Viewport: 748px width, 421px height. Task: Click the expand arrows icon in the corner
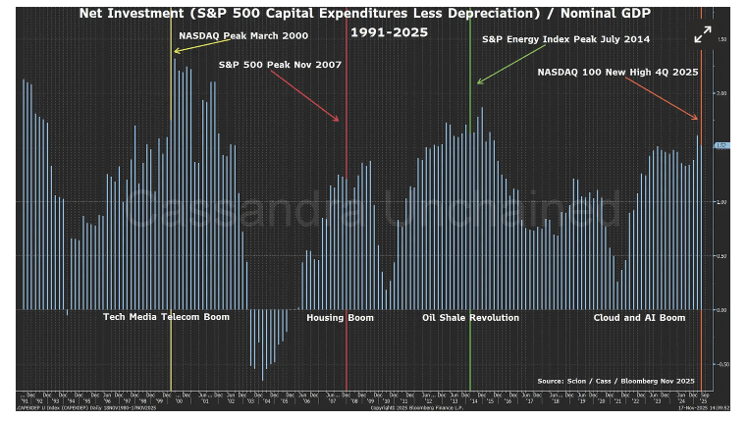(x=703, y=33)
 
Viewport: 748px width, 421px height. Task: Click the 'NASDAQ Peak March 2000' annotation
(x=243, y=35)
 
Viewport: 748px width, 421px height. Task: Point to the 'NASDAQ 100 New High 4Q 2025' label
(x=617, y=72)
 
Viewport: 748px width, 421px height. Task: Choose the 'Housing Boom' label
(x=339, y=318)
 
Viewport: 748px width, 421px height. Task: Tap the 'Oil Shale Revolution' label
(x=470, y=318)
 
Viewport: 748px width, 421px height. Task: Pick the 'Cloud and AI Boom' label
(x=639, y=318)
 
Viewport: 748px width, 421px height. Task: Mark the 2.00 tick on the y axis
(x=721, y=93)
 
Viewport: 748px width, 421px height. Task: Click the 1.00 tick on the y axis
(x=721, y=202)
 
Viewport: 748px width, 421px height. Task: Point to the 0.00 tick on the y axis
(x=721, y=310)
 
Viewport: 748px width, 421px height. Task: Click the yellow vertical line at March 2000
(x=172, y=245)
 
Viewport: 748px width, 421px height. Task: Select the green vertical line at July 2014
(x=470, y=245)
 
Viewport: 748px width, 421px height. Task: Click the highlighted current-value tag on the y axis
(x=721, y=145)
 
